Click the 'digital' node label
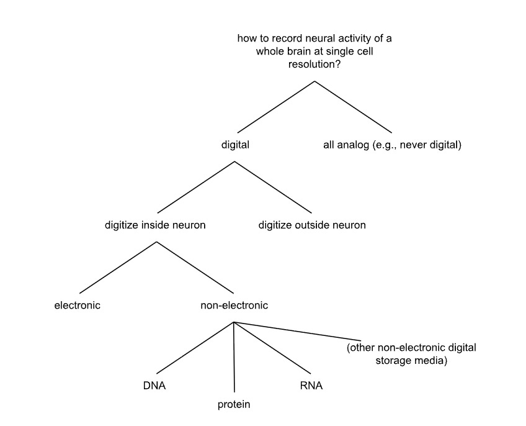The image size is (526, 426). (235, 145)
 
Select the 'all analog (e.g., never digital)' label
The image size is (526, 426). (393, 145)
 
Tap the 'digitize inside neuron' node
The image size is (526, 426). (155, 225)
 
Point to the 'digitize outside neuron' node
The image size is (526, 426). (312, 225)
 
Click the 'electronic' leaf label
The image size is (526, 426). (78, 305)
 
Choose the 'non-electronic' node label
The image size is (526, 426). (234, 305)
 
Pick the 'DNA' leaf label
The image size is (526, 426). (154, 386)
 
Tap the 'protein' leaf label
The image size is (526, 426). (234, 405)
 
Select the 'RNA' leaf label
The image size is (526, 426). (311, 386)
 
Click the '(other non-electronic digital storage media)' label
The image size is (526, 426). (411, 353)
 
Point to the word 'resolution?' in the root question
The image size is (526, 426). (314, 65)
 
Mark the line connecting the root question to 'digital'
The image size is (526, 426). (274, 107)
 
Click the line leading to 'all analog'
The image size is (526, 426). (354, 107)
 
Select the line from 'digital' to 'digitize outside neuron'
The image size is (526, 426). (273, 187)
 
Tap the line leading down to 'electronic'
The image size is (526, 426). (118, 267)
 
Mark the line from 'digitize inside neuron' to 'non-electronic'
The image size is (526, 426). (195, 267)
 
